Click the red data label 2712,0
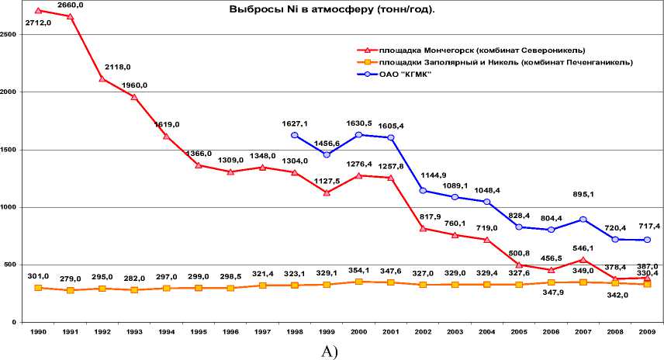[x=38, y=23]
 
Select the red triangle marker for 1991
[x=71, y=16]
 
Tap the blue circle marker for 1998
[x=295, y=135]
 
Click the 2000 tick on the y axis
[x=9, y=92]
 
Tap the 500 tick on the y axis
[x=9, y=265]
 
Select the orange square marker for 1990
[x=38, y=288]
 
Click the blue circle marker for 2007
[x=583, y=220]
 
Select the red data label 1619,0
[x=167, y=124]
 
